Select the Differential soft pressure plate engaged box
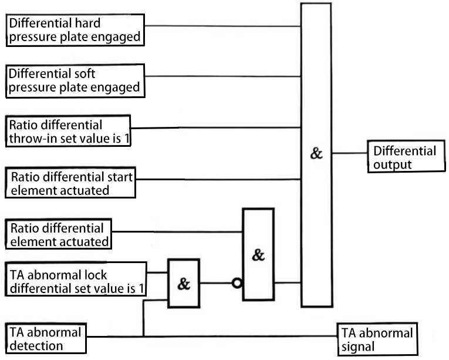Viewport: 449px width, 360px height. pos(75,81)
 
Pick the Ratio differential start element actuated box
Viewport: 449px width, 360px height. pos(70,183)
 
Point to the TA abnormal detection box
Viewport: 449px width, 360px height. pos(45,339)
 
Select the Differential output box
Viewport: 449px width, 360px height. pos(405,157)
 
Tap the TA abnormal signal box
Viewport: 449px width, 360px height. pos(378,339)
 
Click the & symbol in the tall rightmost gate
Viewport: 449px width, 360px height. pos(317,154)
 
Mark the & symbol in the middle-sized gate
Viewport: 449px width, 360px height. pos(258,255)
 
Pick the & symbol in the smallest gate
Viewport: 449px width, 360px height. pos(184,284)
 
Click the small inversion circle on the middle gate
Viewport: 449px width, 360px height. pos(237,284)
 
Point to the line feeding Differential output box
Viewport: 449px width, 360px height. pos(349,154)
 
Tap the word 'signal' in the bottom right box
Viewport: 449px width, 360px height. pos(358,346)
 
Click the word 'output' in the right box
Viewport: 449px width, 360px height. pos(393,164)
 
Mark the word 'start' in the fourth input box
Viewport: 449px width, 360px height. pos(120,176)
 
